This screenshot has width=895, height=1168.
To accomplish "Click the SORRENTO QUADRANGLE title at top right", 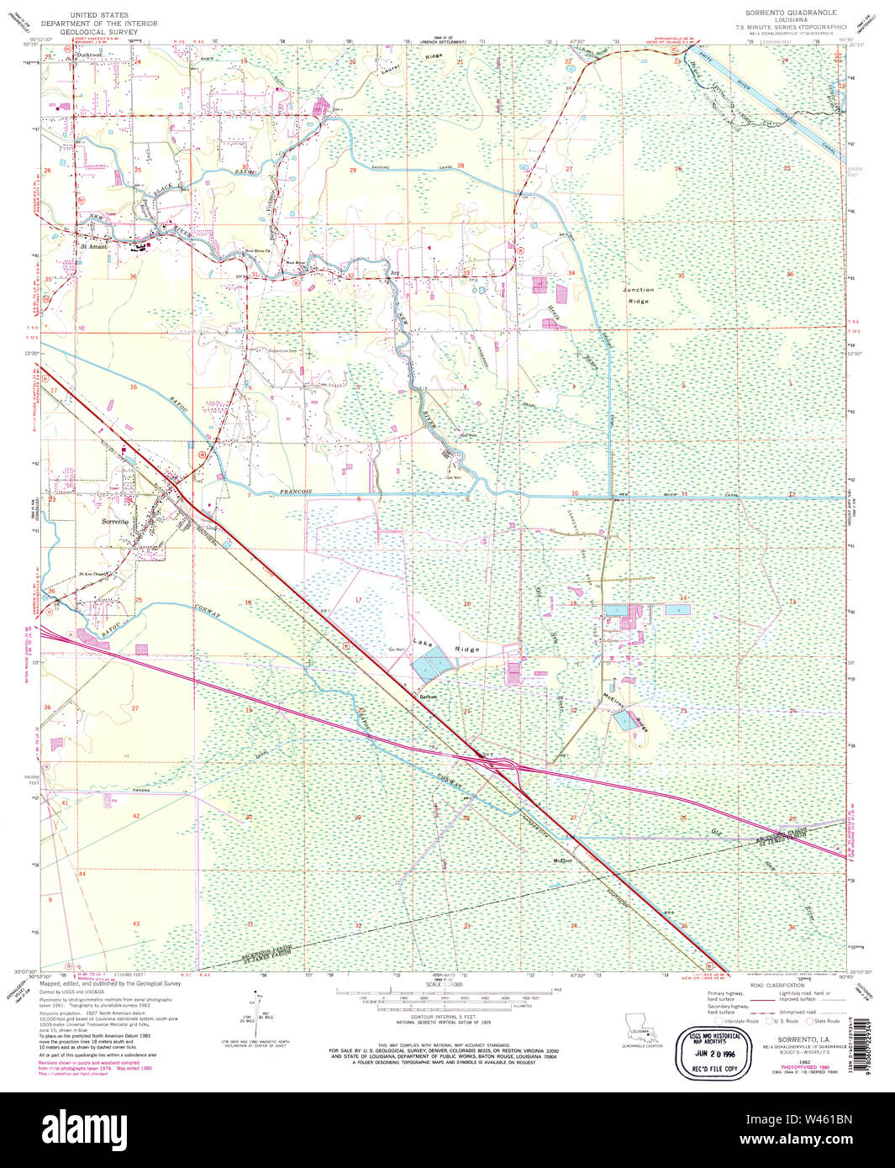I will tap(790, 13).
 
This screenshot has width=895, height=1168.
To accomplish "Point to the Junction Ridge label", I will tap(639, 295).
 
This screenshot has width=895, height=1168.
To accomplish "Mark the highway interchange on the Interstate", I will tap(504, 765).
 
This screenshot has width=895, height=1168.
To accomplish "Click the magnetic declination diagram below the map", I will tap(256, 1019).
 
